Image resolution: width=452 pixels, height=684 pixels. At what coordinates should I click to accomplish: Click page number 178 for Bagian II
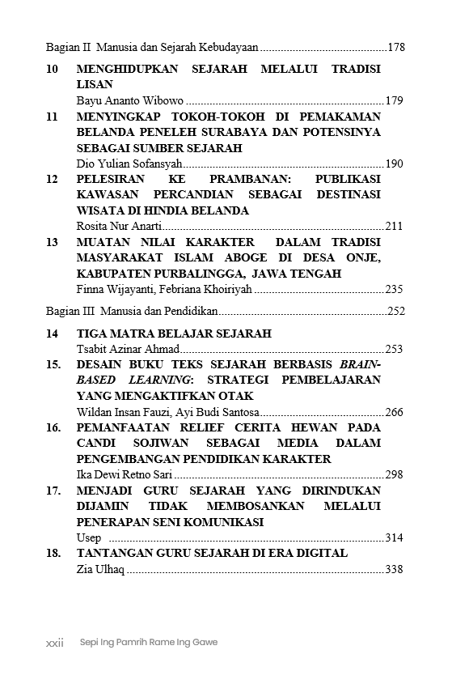pos(395,48)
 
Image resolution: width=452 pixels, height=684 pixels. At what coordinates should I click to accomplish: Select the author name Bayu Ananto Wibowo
pos(129,101)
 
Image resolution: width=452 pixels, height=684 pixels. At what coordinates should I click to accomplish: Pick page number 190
pos(394,164)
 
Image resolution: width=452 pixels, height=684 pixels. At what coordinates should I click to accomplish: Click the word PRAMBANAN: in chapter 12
pos(246,179)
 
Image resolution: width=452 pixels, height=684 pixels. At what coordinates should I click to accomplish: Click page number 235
pos(394,289)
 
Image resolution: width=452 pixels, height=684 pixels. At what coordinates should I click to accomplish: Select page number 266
pos(394,412)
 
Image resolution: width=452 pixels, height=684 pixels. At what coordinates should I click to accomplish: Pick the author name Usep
pos(89,537)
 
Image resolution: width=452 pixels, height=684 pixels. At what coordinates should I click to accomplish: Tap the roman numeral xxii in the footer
pos(54,642)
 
